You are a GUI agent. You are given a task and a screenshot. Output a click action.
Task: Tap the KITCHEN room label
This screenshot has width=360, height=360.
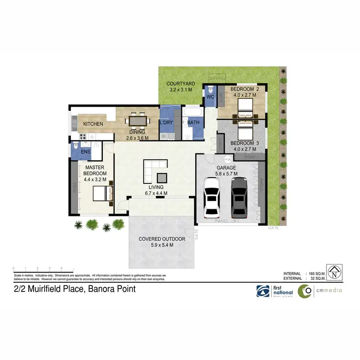point(93,124)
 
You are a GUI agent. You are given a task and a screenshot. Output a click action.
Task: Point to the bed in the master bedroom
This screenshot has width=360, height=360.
point(103,193)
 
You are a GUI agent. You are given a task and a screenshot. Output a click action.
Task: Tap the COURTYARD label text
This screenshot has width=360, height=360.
point(180,84)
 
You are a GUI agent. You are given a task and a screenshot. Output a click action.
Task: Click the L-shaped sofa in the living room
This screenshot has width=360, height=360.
point(154,170)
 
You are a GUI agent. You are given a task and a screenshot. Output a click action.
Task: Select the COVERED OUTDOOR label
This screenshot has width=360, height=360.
point(162,239)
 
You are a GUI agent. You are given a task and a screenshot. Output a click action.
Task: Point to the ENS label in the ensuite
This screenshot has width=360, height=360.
point(85,152)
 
